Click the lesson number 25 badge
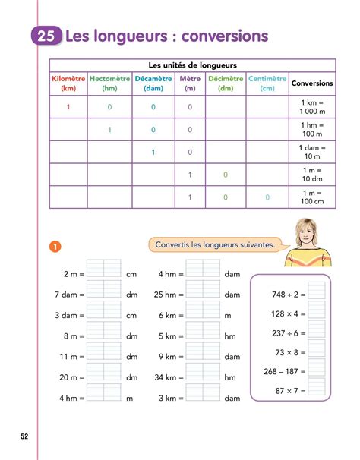pyautogui.click(x=48, y=36)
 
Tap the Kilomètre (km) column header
pyautogui.click(x=68, y=83)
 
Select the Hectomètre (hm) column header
pyautogui.click(x=109, y=83)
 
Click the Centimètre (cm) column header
pyautogui.click(x=267, y=83)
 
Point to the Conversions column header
pyautogui.click(x=311, y=83)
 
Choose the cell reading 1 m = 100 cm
pyautogui.click(x=312, y=197)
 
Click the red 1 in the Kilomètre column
pyautogui.click(x=68, y=106)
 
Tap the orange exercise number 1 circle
pyautogui.click(x=54, y=246)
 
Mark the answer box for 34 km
pyautogui.click(x=203, y=377)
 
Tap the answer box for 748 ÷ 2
pyautogui.click(x=317, y=293)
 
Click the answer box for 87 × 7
pyautogui.click(x=317, y=390)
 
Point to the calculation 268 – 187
pyautogui.click(x=281, y=371)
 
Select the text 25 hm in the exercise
pyautogui.click(x=167, y=294)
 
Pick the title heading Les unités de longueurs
pyautogui.click(x=192, y=65)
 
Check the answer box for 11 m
pyautogui.click(x=104, y=356)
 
